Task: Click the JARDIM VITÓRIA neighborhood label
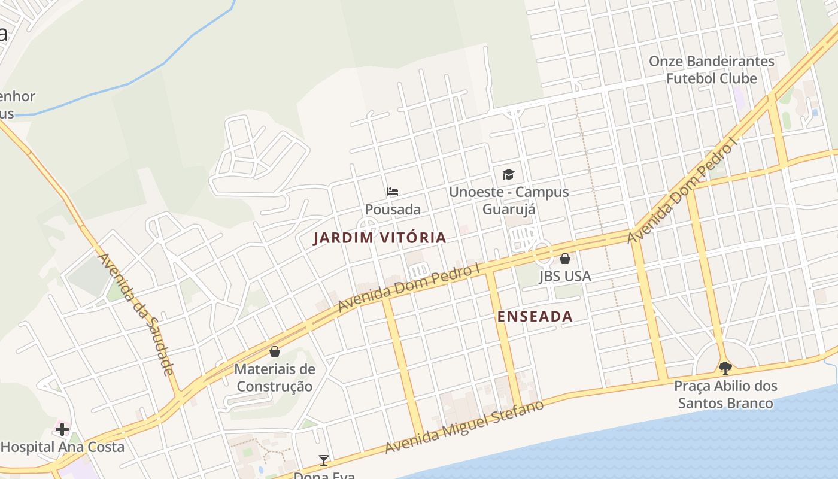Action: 380,238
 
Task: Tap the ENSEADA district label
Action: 535,317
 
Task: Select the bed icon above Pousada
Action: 393,192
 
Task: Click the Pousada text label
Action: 393,210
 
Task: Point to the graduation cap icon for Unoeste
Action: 508,174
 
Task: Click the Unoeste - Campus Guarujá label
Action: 509,201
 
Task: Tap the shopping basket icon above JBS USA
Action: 565,259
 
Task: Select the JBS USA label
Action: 565,276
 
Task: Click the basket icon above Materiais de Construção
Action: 275,351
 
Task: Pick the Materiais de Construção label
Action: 275,377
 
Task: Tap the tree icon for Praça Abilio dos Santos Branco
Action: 725,368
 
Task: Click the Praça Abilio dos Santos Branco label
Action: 725,394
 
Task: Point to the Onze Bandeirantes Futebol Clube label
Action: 712,69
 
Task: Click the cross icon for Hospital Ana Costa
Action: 62,429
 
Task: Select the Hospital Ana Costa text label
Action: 63,447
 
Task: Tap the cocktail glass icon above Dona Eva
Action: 324,460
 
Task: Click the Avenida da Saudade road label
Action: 136,314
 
